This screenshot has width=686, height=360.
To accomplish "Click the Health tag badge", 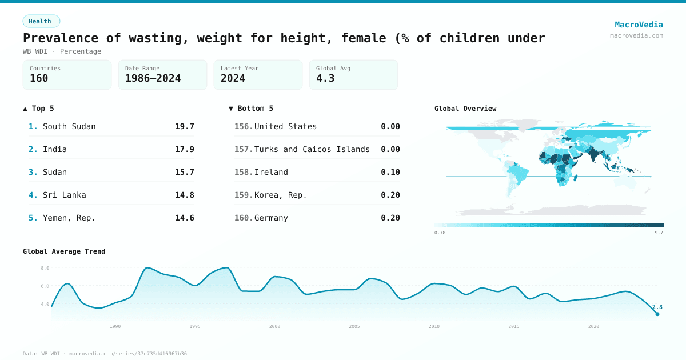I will click(41, 21).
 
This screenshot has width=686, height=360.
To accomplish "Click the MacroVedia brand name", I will click(639, 25).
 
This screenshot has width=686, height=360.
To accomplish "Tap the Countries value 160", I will click(39, 78).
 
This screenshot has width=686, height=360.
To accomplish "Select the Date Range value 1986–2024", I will click(153, 78).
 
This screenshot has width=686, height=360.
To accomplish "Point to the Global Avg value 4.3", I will click(325, 78).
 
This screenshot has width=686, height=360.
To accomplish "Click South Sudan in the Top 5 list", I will click(69, 126).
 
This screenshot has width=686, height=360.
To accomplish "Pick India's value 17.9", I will click(184, 149).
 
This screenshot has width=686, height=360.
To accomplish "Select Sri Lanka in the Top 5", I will click(65, 195).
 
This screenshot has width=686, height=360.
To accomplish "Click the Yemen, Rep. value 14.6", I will click(184, 218).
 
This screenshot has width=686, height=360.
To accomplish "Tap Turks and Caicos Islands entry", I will click(312, 149).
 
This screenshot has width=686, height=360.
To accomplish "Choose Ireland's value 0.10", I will click(390, 172).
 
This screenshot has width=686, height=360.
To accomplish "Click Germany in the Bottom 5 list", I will click(271, 218).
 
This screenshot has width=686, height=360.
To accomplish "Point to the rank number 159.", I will click(243, 195).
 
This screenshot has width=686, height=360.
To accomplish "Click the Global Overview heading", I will click(465, 109).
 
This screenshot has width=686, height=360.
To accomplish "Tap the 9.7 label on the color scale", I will click(659, 233).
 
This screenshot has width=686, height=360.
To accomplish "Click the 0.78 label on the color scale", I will click(440, 233).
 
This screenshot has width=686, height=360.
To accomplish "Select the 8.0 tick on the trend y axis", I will click(45, 268).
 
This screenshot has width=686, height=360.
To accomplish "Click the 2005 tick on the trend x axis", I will click(354, 326).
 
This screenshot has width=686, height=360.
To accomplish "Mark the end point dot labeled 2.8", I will click(657, 314).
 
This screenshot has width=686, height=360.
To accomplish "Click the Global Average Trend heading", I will click(64, 251).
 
